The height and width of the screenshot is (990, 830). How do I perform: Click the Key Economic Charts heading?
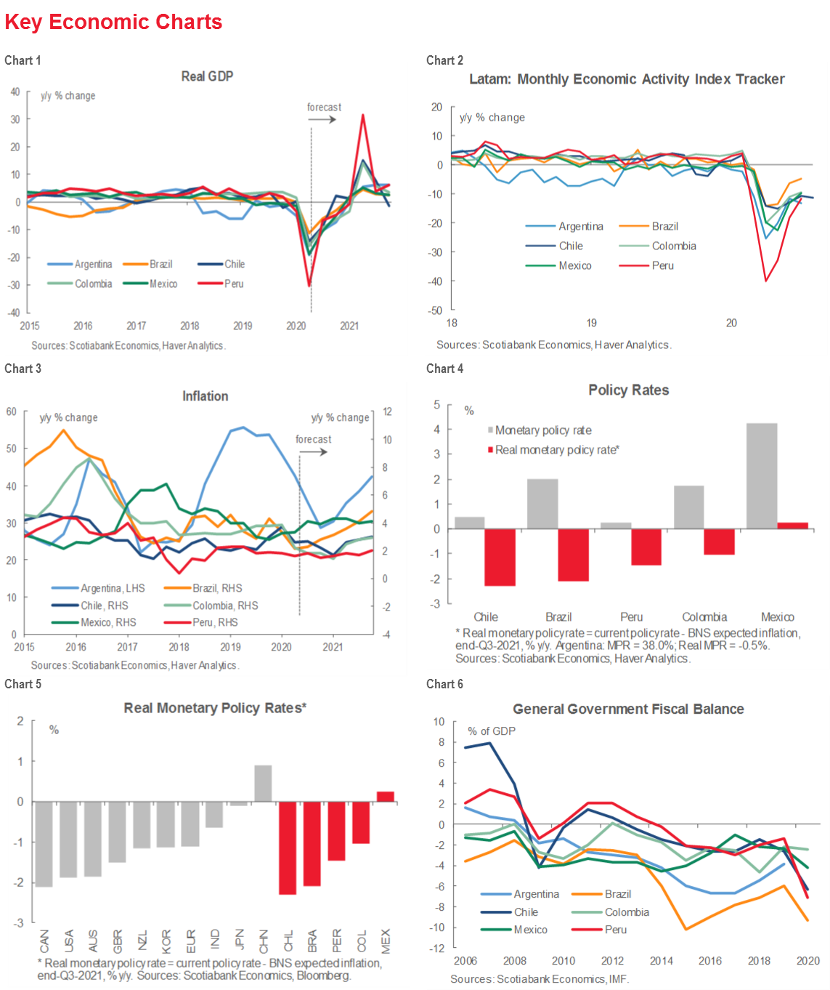(113, 22)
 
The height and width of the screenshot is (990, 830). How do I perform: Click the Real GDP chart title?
(207, 76)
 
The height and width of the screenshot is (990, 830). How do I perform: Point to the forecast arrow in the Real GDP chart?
(322, 119)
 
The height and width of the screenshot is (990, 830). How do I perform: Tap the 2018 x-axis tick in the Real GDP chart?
(190, 326)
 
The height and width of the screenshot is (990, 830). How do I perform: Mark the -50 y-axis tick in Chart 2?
(436, 310)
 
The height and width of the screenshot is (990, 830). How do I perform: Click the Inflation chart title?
(205, 396)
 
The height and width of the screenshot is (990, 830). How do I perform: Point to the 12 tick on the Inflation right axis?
(387, 411)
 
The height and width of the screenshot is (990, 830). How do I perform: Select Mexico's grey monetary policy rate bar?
(762, 475)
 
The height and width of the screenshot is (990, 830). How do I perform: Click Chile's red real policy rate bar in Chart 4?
(500, 557)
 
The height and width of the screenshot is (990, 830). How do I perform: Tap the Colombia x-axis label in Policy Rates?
(704, 616)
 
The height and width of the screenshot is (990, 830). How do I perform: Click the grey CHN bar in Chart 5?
(263, 783)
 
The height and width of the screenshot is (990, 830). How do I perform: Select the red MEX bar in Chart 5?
(386, 797)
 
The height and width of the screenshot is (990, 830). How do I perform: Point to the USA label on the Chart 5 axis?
(69, 941)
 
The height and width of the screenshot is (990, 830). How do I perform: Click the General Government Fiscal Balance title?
(628, 709)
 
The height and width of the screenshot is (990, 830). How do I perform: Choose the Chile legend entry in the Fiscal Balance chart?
(526, 912)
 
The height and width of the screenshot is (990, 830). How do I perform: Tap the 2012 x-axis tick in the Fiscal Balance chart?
(612, 960)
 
